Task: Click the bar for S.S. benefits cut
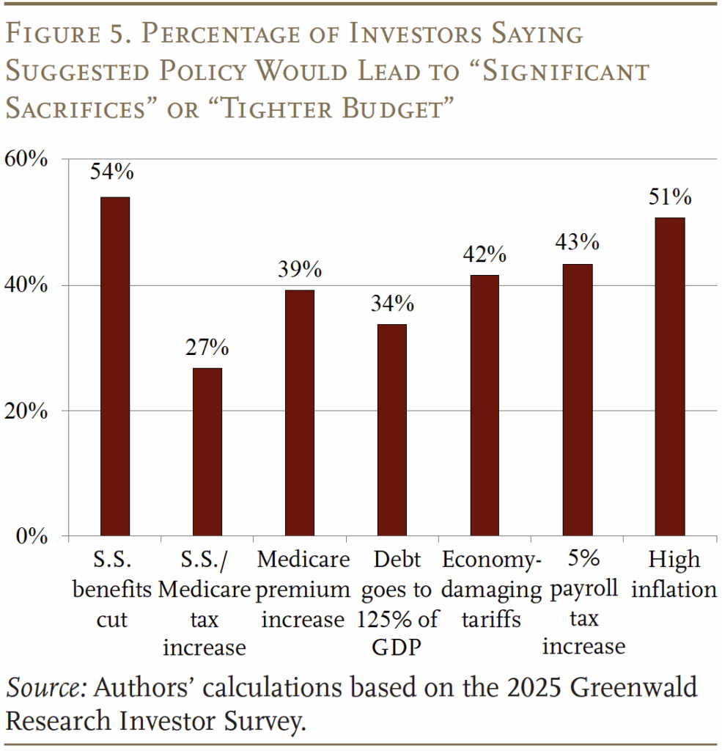114,367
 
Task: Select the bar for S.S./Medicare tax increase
207,452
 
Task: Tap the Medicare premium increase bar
299,413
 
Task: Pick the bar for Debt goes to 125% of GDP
391,430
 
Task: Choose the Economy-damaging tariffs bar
484,406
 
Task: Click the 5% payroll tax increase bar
577,400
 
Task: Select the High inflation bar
669,377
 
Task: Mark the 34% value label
391,303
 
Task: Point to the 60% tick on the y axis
28,159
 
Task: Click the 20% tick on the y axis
28,411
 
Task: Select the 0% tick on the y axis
33,536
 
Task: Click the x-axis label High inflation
673,575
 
